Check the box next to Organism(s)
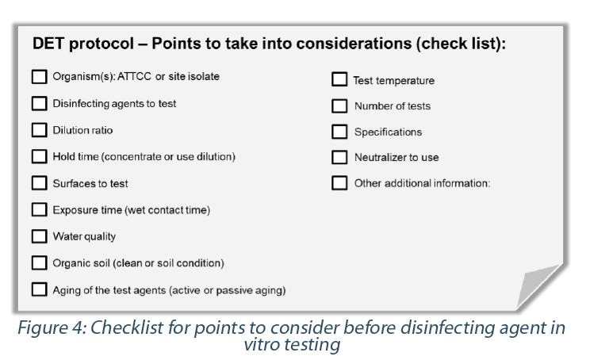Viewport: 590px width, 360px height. click(39, 76)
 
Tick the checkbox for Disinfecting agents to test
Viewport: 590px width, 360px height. click(39, 103)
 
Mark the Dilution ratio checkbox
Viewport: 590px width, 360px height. click(39, 130)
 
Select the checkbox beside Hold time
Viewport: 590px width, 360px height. click(39, 156)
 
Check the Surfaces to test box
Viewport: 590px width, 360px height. click(39, 183)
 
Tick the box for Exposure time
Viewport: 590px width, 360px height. click(39, 209)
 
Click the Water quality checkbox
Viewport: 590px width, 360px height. click(39, 236)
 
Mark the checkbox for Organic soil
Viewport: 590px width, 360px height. click(39, 263)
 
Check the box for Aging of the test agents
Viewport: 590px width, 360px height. click(39, 289)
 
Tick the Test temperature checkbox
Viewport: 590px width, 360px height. click(339, 79)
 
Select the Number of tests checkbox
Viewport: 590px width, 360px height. click(339, 106)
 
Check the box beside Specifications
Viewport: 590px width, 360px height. click(339, 132)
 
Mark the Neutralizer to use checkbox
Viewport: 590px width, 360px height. click(339, 158)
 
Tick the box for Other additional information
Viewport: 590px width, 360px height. click(339, 183)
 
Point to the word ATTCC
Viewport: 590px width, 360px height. click(134, 76)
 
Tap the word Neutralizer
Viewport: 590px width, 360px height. click(381, 157)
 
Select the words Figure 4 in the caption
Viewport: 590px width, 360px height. click(52, 328)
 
